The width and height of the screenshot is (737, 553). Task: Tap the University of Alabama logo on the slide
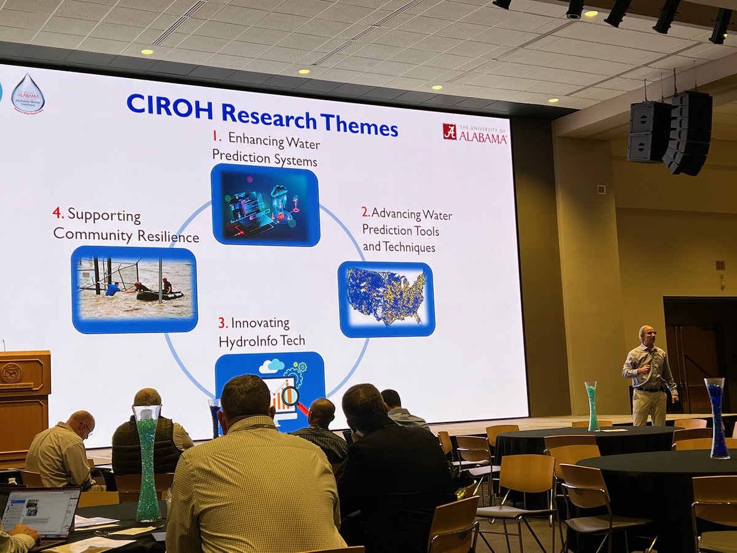475,133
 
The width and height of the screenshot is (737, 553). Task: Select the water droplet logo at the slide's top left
28,94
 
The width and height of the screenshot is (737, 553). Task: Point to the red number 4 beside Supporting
58,213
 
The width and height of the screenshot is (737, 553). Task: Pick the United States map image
386,297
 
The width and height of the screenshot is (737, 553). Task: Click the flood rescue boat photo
134,288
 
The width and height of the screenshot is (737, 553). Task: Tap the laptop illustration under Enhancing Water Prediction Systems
265,205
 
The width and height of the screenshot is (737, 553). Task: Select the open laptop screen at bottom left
41,509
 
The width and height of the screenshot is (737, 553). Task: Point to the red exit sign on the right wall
720,265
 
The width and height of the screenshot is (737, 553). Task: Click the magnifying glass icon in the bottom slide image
290,394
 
